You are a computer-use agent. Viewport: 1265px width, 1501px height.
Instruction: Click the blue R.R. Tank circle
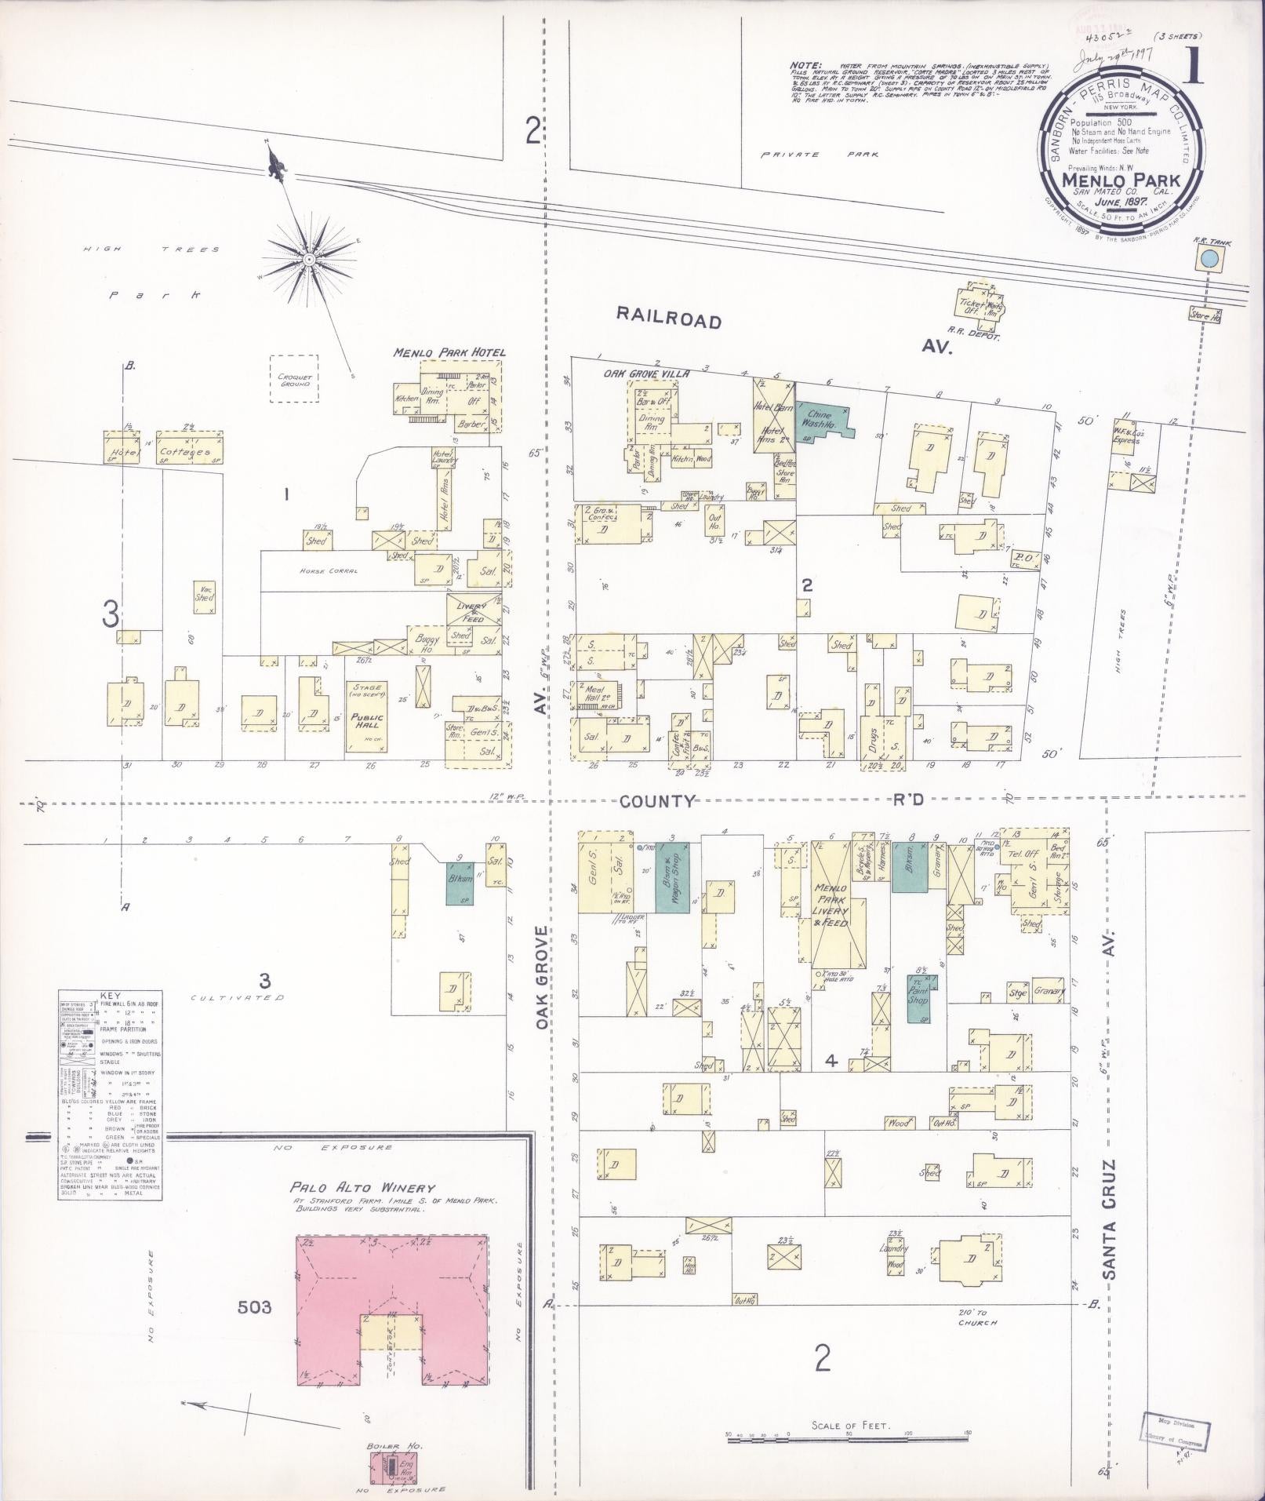(x=1209, y=259)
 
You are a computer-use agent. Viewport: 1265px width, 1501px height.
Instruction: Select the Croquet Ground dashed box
(x=294, y=379)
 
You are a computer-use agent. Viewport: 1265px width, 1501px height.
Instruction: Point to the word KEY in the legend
(x=111, y=994)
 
